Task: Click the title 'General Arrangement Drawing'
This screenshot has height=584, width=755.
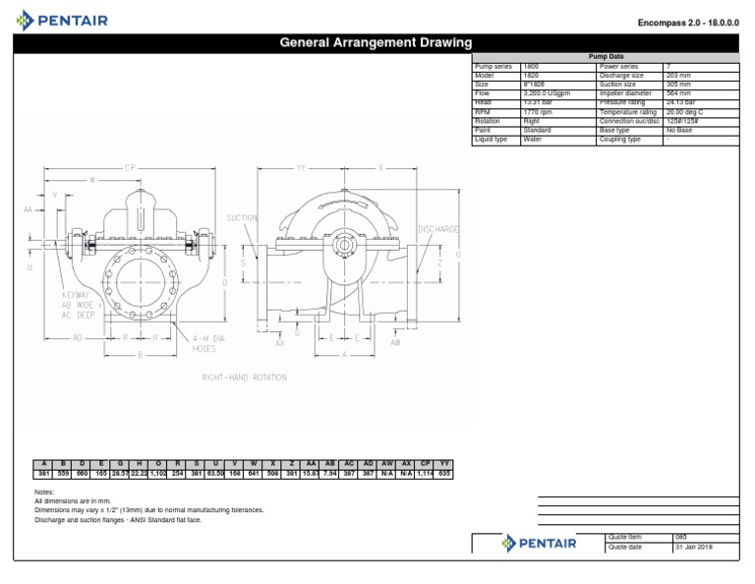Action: (x=377, y=43)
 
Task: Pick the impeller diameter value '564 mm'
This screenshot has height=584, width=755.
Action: (x=678, y=93)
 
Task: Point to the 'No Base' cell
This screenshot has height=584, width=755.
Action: (x=679, y=130)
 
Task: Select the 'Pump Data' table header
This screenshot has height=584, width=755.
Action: (x=606, y=57)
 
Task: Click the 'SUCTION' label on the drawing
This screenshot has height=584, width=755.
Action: (x=242, y=217)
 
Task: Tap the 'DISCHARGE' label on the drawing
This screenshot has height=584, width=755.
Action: (x=438, y=229)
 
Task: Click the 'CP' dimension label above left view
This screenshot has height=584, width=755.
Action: (x=129, y=168)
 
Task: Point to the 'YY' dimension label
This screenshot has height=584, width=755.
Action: (x=301, y=168)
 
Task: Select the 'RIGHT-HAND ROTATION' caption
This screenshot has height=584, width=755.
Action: (x=244, y=377)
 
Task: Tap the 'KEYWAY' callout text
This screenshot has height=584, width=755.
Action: (x=76, y=295)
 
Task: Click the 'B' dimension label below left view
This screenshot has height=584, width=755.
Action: (x=141, y=354)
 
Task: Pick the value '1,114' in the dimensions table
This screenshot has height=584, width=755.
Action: (x=427, y=474)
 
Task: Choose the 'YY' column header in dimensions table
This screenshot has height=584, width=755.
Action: (x=444, y=463)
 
